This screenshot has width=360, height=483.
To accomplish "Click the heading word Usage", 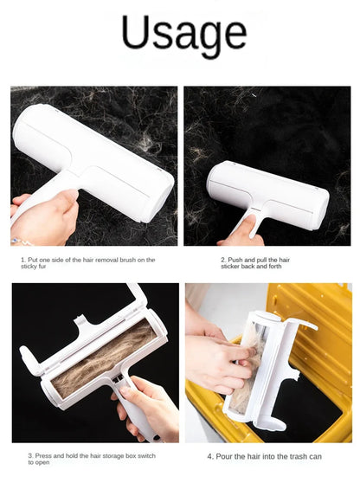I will (183, 35).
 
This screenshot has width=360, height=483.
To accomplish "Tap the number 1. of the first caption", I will (23, 259).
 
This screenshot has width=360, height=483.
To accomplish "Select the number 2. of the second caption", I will (223, 258).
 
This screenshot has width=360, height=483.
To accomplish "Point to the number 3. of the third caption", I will (31, 455).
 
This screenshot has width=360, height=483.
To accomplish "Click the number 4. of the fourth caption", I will (210, 456).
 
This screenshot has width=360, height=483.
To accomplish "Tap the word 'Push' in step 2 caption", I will (236, 258).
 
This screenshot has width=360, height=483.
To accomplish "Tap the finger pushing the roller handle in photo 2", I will (250, 228).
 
